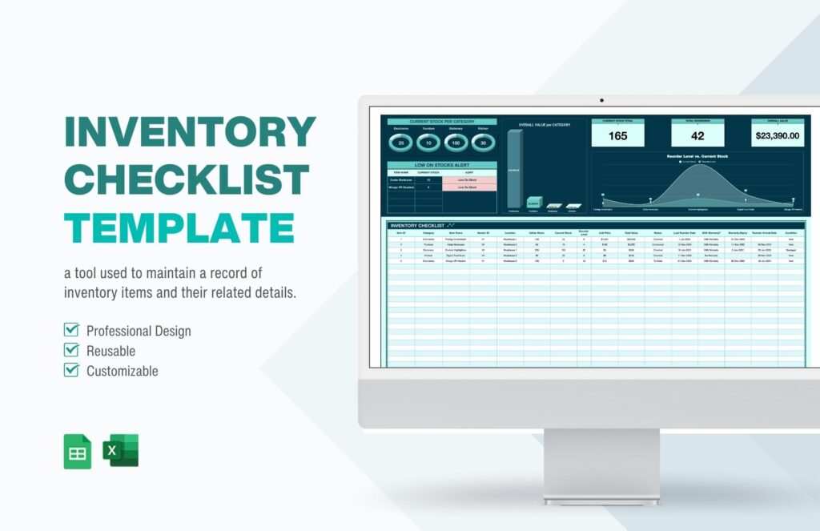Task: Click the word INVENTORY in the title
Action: tap(190, 131)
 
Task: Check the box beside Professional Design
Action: tap(71, 330)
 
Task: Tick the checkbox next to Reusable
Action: tap(71, 350)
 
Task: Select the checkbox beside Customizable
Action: tap(71, 370)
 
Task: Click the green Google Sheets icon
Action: tap(78, 451)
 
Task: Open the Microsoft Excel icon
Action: tap(121, 451)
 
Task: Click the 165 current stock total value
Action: tap(617, 135)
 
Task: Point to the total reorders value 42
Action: tap(697, 135)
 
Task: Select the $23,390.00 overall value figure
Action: tap(778, 135)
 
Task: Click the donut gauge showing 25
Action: tap(401, 143)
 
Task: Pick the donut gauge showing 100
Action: tap(456, 143)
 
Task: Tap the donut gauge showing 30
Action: tap(483, 143)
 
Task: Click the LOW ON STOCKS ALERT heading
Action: tap(442, 165)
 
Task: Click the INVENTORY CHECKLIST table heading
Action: tap(417, 226)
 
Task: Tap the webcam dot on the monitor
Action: tap(601, 101)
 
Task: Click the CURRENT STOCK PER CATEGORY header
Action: tap(442, 122)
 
